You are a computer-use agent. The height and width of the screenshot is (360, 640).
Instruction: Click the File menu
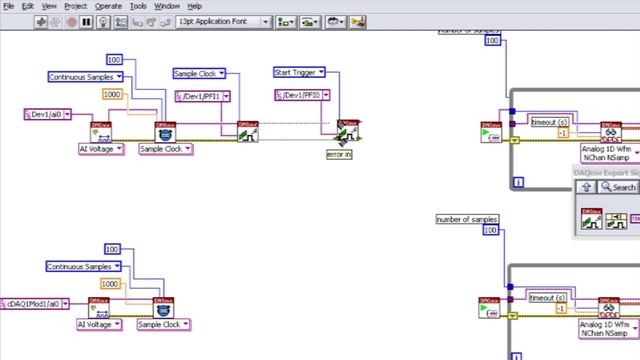(8, 6)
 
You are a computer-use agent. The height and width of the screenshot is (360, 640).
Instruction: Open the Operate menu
(108, 6)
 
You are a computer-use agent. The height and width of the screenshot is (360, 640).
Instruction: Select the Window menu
(167, 6)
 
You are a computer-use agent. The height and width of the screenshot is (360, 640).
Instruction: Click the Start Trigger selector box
(296, 73)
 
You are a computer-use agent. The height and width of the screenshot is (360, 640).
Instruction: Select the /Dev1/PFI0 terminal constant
(301, 95)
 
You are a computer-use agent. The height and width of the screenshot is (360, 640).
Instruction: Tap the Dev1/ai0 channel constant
(47, 114)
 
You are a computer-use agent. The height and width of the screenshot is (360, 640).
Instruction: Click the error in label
(339, 154)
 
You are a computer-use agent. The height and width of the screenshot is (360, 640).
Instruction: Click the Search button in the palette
(619, 187)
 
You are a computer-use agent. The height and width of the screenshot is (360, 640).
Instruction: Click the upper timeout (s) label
(548, 121)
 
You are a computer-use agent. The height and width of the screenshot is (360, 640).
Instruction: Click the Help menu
(194, 6)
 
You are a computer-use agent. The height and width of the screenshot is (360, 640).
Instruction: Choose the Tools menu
(139, 6)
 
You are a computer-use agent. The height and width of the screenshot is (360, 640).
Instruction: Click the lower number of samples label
(467, 219)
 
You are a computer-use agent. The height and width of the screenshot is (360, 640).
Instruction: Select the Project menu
(75, 6)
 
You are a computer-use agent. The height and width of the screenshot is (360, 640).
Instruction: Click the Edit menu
(28, 6)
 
